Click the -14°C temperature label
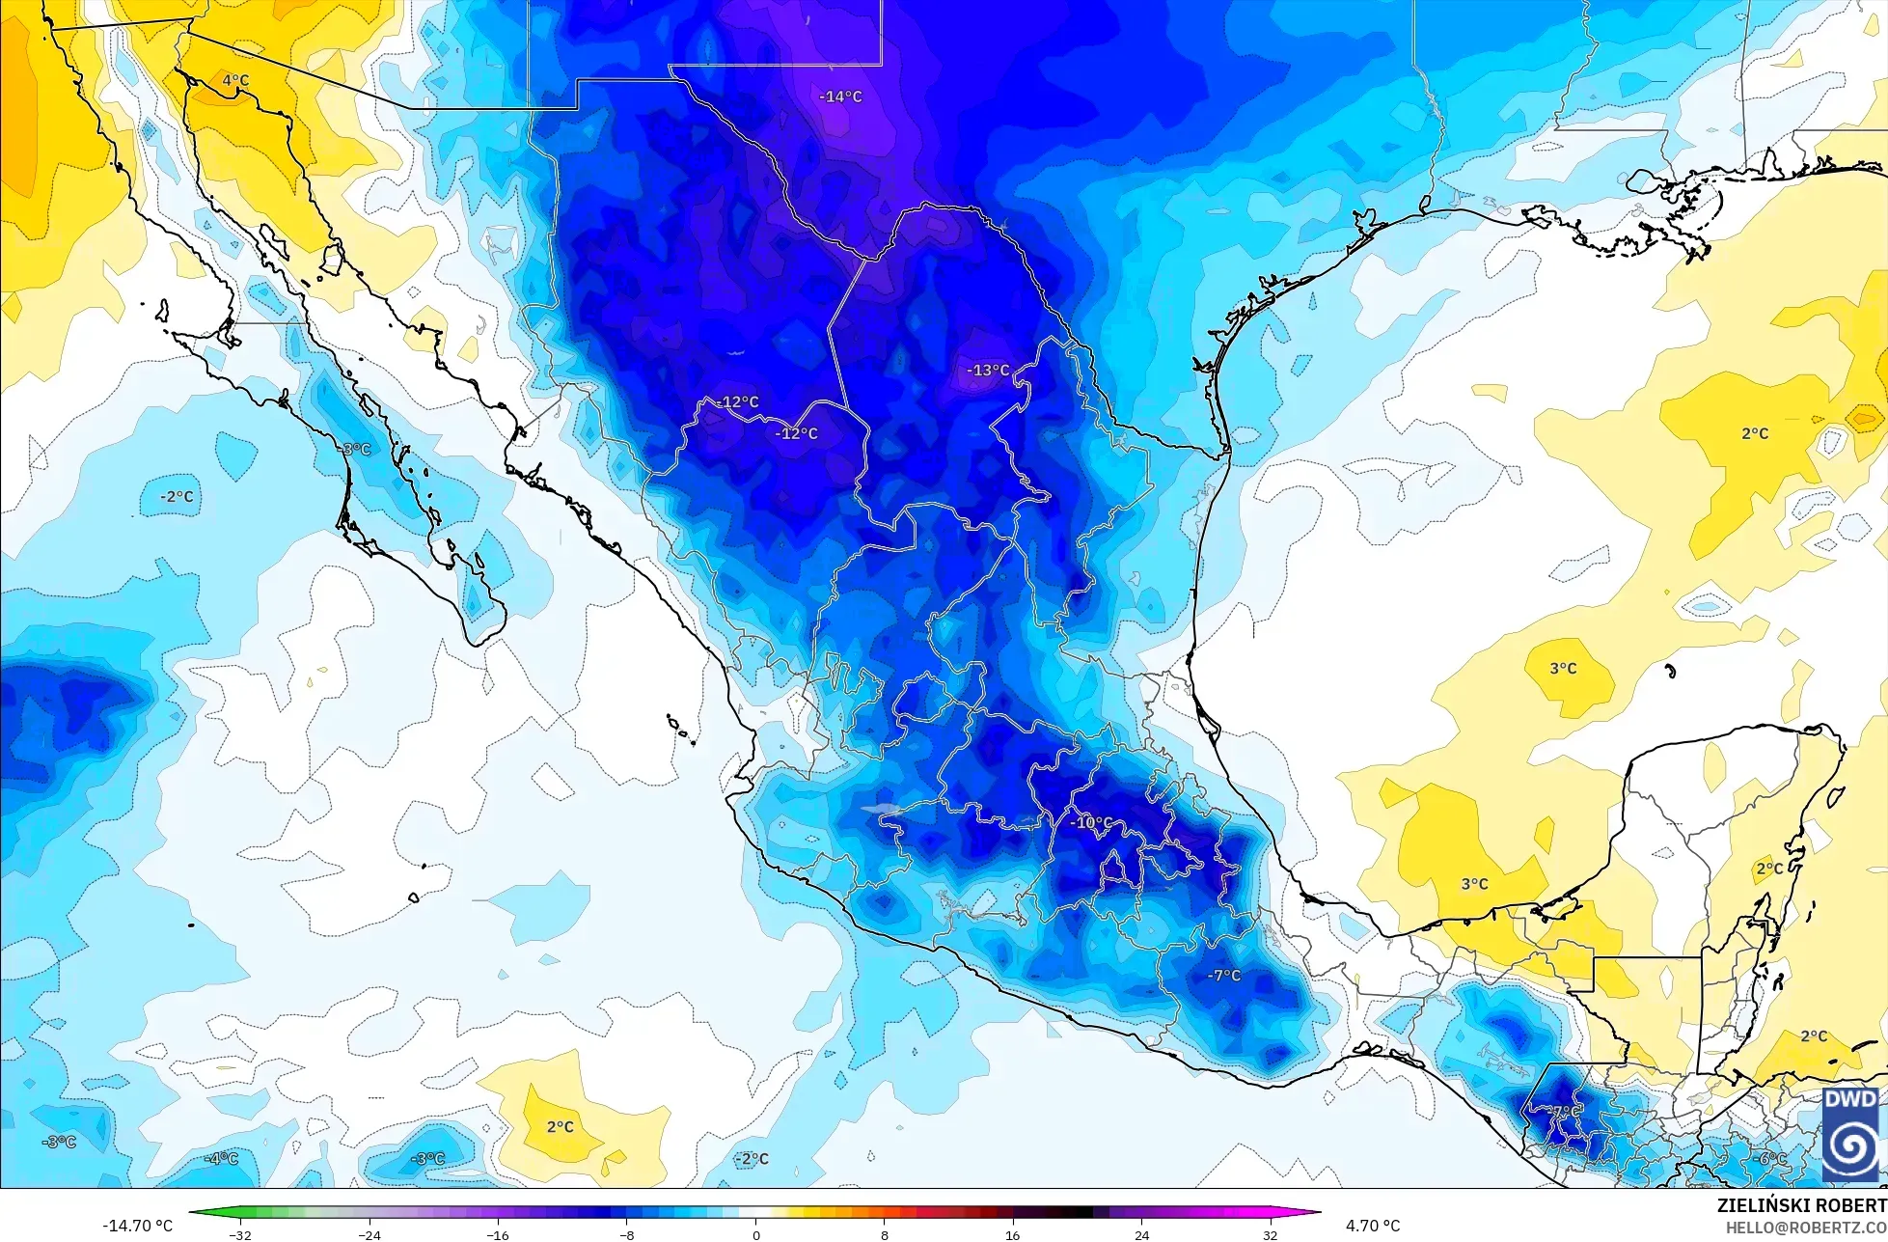840,97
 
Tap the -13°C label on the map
988,371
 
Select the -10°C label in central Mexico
1091,823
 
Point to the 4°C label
235,81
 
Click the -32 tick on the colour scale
240,1234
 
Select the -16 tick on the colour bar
498,1234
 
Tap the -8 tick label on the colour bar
627,1234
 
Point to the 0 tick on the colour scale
755,1234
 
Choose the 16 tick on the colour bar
1013,1234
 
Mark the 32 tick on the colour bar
1270,1234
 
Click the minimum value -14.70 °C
138,1226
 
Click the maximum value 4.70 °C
1373,1226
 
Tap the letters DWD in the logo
1850,1100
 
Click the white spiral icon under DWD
1850,1145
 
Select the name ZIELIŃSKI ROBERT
1801,1206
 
